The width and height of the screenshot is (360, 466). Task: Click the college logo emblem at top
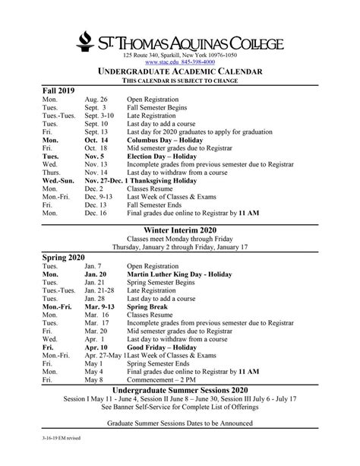[x=87, y=43]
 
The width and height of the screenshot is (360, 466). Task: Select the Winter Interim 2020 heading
[x=180, y=230]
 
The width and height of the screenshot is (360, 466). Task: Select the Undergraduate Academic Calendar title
[x=180, y=71]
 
